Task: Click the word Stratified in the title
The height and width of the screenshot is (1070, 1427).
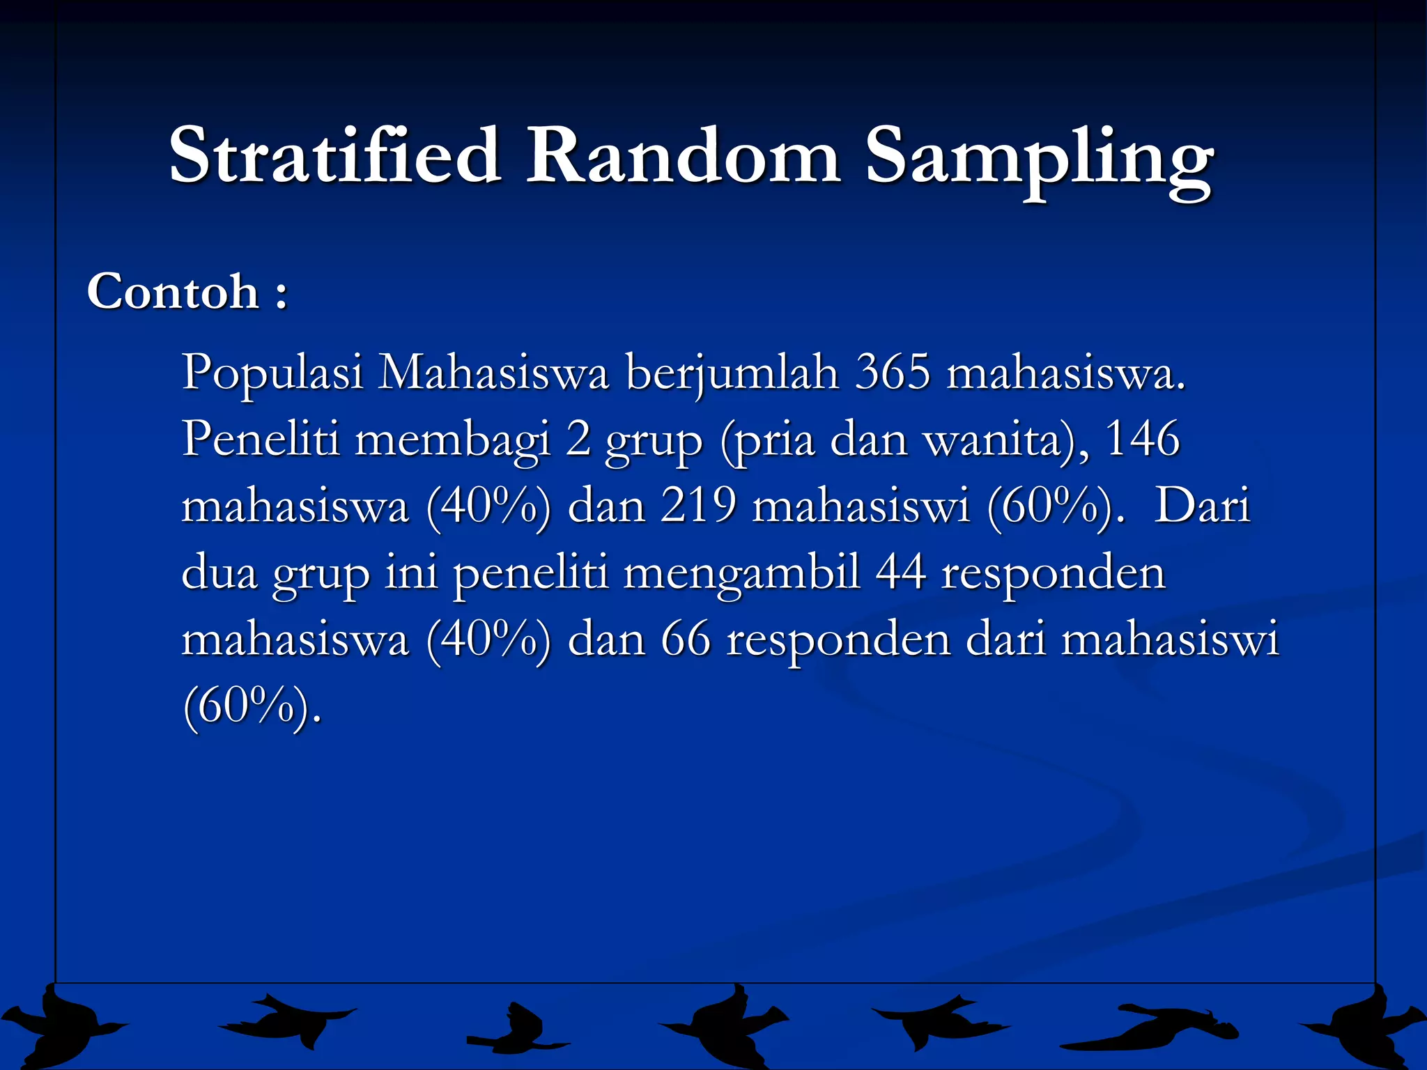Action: click(x=335, y=155)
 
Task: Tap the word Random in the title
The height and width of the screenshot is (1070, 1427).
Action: click(x=683, y=155)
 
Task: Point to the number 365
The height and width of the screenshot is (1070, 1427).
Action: click(x=893, y=372)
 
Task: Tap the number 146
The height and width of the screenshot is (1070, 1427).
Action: click(x=1142, y=439)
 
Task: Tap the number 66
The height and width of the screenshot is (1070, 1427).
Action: click(x=686, y=639)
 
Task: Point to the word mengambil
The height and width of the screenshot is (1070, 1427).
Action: click(x=741, y=574)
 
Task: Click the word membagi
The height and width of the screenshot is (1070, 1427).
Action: click(x=452, y=440)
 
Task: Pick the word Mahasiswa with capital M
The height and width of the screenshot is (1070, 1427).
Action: click(x=493, y=373)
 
